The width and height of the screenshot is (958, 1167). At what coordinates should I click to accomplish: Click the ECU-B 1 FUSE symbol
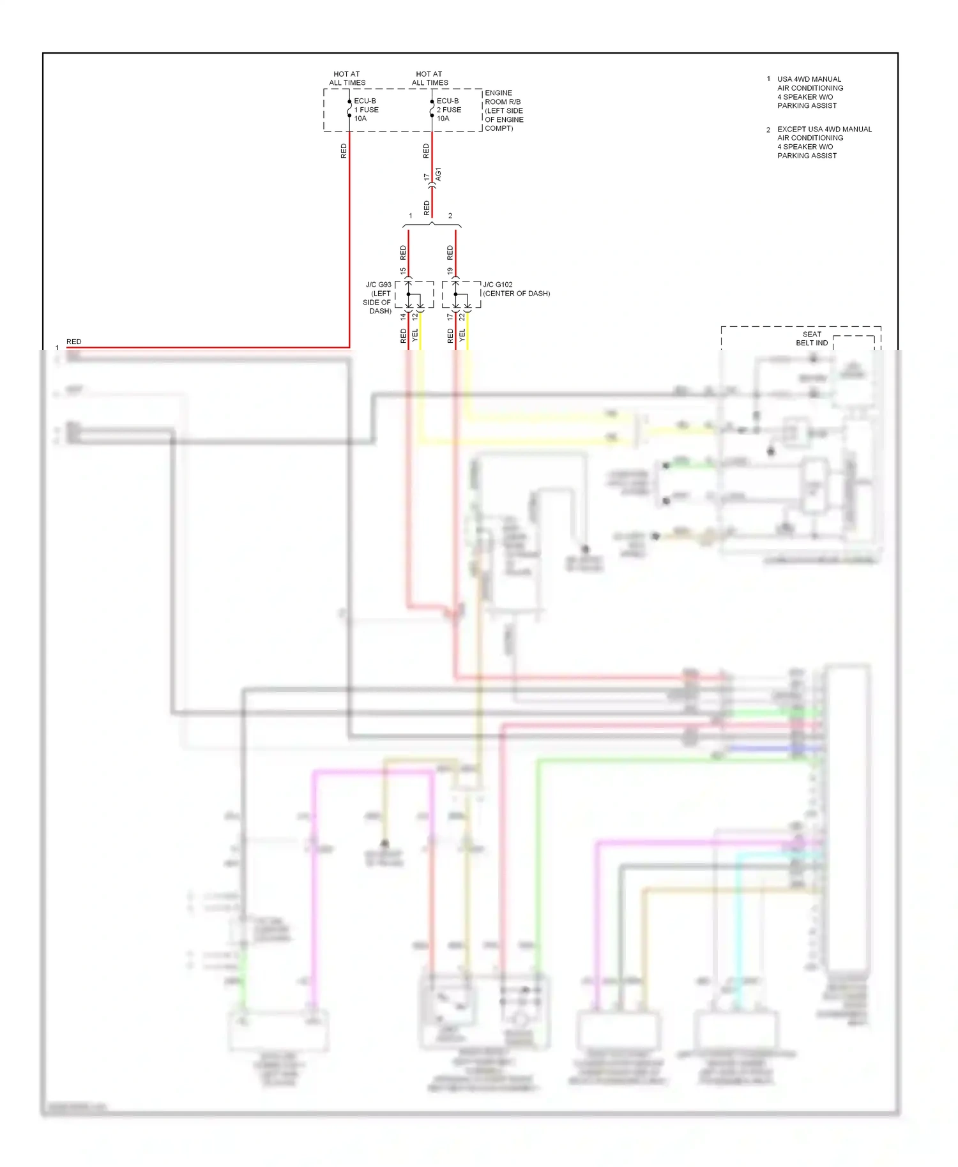coord(349,109)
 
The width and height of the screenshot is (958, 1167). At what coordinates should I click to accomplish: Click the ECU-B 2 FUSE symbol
coord(432,109)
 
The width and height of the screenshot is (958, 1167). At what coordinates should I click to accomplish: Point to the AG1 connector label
coord(438,174)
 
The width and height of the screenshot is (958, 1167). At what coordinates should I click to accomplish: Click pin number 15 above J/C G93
coord(403,271)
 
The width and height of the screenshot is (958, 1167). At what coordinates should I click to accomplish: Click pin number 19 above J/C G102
coord(450,271)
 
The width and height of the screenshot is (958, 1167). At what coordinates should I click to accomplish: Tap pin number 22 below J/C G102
coord(462,317)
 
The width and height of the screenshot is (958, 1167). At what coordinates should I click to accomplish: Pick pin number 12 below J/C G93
coord(414,317)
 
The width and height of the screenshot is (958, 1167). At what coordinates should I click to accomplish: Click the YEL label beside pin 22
coord(462,335)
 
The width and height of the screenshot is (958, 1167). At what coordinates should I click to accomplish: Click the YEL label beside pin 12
coord(414,335)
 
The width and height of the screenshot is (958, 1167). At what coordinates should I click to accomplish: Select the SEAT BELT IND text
coord(812,338)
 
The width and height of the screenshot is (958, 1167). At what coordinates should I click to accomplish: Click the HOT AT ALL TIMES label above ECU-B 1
coord(347,79)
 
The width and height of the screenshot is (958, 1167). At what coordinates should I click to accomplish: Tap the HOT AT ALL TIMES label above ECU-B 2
coord(429,79)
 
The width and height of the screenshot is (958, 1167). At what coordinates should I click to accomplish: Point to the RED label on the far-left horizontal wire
coord(73,342)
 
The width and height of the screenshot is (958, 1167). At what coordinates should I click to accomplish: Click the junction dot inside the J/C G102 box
coord(455,294)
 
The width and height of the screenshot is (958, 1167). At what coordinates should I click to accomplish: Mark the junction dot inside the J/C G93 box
coord(408,294)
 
